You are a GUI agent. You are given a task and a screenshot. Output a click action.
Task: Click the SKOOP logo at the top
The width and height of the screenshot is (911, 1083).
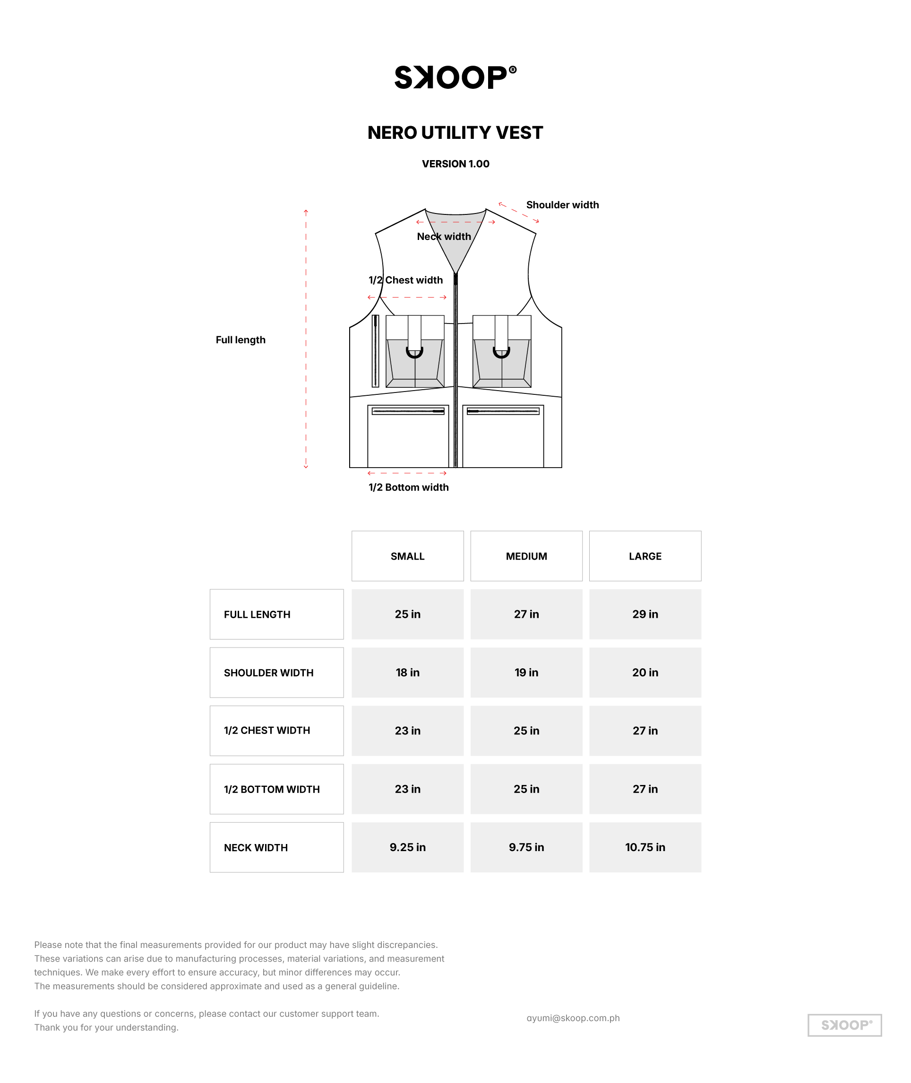tap(455, 77)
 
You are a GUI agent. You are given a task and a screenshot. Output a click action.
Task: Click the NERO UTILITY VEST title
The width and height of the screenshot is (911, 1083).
tap(455, 133)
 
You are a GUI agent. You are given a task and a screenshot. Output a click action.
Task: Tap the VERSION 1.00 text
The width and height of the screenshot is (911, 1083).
tap(455, 163)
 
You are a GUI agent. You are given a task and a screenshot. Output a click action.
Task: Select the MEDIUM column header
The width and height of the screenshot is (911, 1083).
tap(526, 556)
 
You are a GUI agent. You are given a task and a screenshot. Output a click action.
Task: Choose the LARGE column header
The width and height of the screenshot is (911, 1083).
tap(645, 556)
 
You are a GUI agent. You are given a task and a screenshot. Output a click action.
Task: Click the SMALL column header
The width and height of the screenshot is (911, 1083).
tap(407, 556)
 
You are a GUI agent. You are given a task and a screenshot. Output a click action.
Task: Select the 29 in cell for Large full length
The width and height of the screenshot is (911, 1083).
tap(645, 614)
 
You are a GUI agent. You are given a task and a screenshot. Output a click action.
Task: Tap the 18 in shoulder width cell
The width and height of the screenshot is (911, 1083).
tap(407, 672)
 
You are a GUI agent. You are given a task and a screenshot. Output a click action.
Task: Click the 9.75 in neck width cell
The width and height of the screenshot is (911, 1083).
tap(526, 847)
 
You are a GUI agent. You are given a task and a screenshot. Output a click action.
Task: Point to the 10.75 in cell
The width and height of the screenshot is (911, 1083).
tap(645, 847)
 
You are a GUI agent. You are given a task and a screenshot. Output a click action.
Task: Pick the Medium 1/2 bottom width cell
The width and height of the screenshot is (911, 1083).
tap(526, 789)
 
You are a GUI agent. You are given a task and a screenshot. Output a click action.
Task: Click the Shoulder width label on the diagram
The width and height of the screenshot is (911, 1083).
tap(562, 205)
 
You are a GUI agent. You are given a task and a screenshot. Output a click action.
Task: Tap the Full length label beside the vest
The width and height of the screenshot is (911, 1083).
tap(241, 340)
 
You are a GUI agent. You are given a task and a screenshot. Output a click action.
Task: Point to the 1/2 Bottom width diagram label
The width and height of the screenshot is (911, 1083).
tap(409, 487)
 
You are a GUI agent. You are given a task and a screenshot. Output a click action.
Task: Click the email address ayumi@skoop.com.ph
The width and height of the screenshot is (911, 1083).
tap(573, 1018)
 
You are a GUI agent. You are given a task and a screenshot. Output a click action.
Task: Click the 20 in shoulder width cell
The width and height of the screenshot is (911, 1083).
tap(645, 672)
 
